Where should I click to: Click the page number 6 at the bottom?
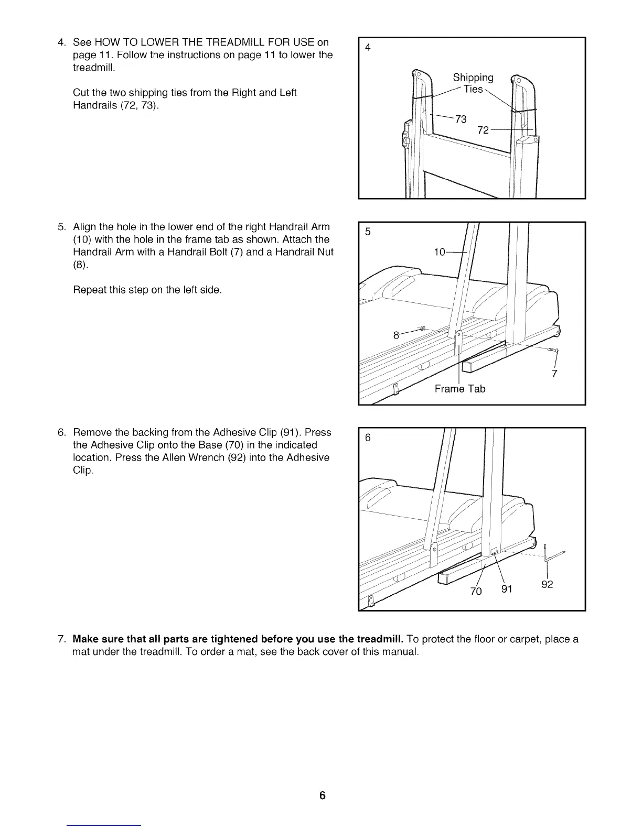coord(322,795)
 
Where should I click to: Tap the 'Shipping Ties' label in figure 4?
coord(473,83)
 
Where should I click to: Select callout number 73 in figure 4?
coord(461,119)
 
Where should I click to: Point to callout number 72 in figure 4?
coord(483,129)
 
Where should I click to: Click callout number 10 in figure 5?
coord(440,253)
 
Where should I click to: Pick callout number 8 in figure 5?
coord(397,335)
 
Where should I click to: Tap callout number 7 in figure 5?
coord(554,373)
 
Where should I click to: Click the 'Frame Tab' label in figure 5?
coord(460,389)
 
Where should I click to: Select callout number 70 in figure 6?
coord(476,591)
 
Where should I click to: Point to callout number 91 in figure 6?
coord(507,588)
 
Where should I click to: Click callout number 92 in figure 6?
coord(547,584)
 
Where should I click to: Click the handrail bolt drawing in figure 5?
coord(553,350)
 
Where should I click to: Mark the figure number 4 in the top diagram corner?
coord(368,48)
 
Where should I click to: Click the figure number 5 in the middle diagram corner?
coord(368,232)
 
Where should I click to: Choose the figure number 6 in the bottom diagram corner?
coord(368,438)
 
